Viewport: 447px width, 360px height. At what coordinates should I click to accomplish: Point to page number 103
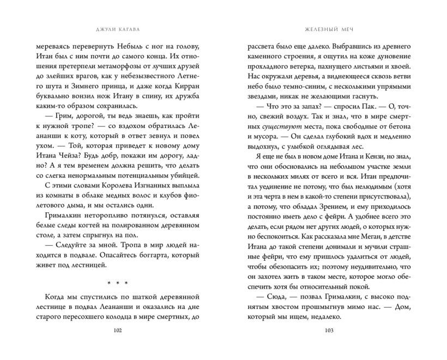pyautogui.click(x=328, y=331)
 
